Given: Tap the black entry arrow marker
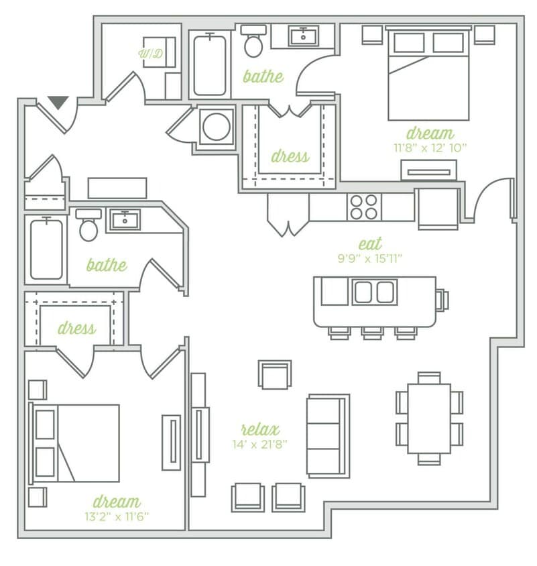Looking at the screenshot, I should point(58,103).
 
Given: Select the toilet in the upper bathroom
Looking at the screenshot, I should point(253,42).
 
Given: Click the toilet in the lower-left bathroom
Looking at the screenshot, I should point(88,225).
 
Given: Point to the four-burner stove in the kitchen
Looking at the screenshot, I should point(363,207).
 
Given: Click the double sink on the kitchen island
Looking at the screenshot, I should point(375,292).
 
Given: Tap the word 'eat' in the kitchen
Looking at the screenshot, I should point(370,243).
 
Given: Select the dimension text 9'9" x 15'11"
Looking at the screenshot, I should point(370,258).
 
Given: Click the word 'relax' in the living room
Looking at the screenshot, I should point(260,429).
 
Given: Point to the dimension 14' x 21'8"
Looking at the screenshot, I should point(260,443).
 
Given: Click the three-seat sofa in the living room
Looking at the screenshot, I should point(328,435).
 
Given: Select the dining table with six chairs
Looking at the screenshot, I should point(429,419).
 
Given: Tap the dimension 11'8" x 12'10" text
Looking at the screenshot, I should point(430,147).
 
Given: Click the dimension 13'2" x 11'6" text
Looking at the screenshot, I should point(116,516).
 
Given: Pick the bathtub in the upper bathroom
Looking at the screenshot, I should point(209,65).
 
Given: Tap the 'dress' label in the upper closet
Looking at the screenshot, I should point(290,156).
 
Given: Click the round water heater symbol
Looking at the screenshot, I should point(216,127).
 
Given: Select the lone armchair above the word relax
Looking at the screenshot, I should point(275,375).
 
